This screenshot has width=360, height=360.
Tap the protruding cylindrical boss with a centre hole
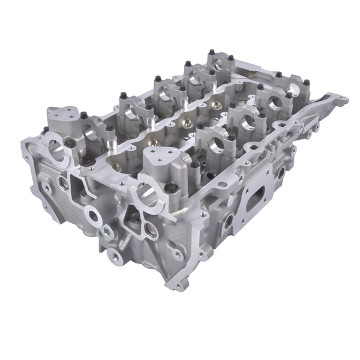pyautogui.click(x=93, y=214)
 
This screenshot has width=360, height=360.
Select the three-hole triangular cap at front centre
pyautogui.click(x=160, y=158)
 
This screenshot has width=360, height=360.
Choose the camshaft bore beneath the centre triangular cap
pyautogui.click(x=147, y=193)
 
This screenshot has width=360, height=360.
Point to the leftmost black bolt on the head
pyautogui.click(x=45, y=130)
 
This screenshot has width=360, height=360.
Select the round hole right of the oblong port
pyautogui.click(x=280, y=173)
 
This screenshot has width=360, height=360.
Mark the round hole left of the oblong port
pyautogui.click(x=228, y=220)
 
